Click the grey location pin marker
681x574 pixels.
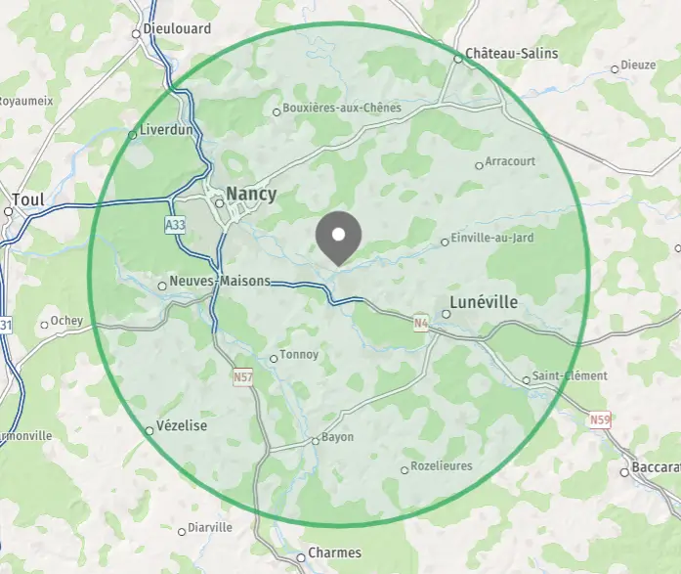click(x=339, y=237)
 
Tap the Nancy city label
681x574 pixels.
click(x=251, y=194)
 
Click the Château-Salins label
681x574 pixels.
click(x=511, y=53)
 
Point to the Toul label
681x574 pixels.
click(x=30, y=199)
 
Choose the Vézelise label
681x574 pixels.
click(x=182, y=427)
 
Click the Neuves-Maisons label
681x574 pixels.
click(x=220, y=281)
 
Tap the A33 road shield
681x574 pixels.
click(x=175, y=225)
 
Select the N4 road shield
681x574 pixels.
click(x=420, y=322)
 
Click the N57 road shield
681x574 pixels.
click(x=243, y=376)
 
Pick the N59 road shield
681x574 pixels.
click(x=600, y=420)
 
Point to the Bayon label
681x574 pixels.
click(x=337, y=437)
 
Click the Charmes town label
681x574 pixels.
click(x=334, y=552)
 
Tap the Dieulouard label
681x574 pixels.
click(x=177, y=28)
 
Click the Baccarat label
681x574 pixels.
click(x=656, y=466)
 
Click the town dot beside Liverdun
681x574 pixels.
click(x=133, y=135)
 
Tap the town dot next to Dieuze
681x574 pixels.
click(x=615, y=68)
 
